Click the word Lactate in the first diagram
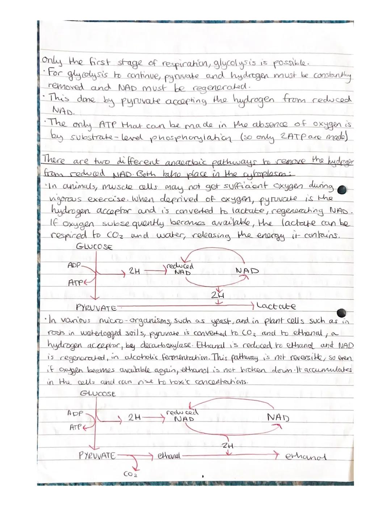pyautogui.click(x=276, y=306)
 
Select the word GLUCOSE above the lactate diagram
pyautogui.click(x=94, y=247)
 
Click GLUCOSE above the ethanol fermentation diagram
pyautogui.click(x=97, y=393)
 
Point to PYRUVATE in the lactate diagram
pyautogui.click(x=96, y=308)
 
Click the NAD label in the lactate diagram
pyautogui.click(x=247, y=271)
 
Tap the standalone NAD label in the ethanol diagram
pyautogui.click(x=278, y=417)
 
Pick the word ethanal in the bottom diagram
pyautogui.click(x=169, y=455)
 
